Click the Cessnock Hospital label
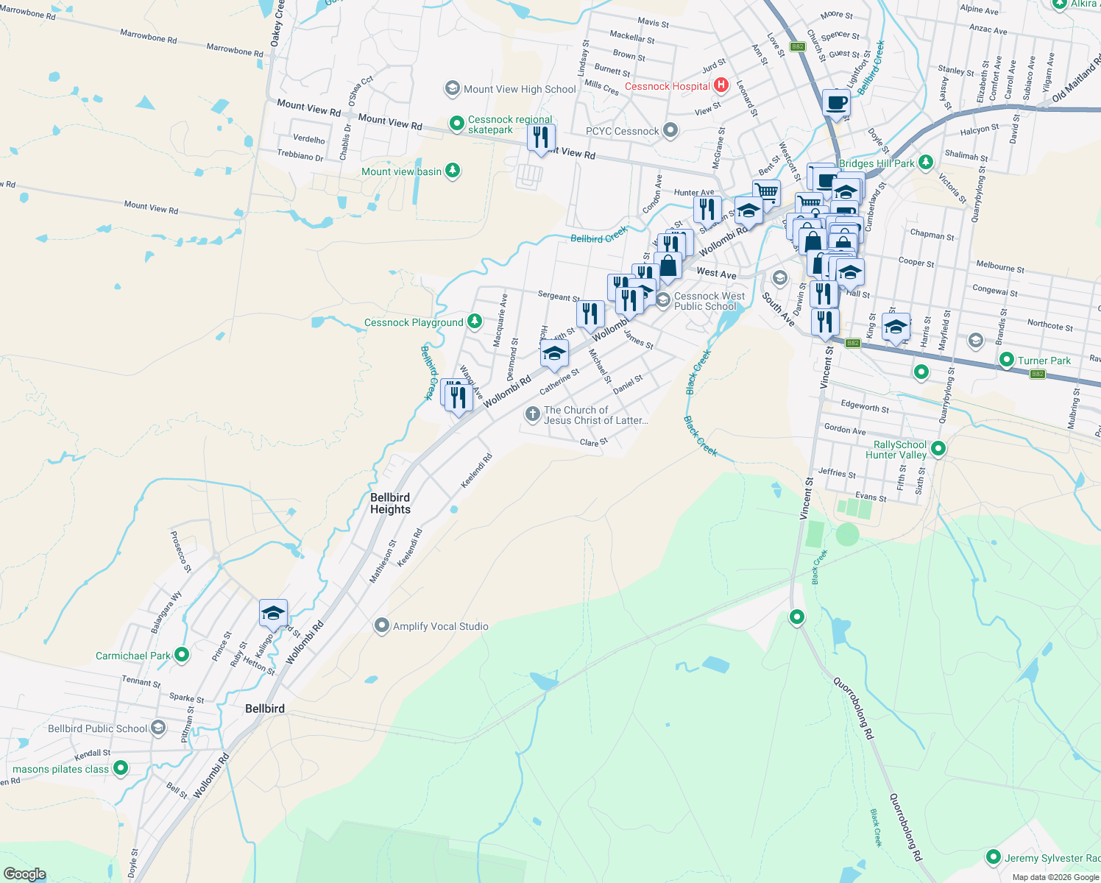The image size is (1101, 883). [x=667, y=86]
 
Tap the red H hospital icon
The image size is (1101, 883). [x=721, y=85]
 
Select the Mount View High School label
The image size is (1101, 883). [x=520, y=89]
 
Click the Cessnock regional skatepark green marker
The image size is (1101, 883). [x=456, y=122]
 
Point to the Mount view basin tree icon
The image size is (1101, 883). [x=453, y=171]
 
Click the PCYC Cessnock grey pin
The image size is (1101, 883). [x=670, y=130]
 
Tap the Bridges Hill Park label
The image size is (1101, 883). [x=877, y=163]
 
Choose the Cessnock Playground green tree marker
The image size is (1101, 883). [x=475, y=322]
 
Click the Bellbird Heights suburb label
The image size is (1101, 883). [x=390, y=503]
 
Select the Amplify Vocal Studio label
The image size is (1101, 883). [x=440, y=626]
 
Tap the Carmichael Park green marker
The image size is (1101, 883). [x=182, y=654]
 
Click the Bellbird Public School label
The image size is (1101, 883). [x=98, y=728]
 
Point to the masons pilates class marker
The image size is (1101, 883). [x=121, y=768]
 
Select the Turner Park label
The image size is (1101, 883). [x=1044, y=361]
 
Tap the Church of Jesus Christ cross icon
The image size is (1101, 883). [x=532, y=414]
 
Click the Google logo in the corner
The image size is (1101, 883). [x=24, y=874]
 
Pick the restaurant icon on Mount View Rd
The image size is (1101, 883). [x=541, y=138]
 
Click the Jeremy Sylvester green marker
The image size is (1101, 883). [x=993, y=857]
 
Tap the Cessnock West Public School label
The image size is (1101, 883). [x=709, y=301]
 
